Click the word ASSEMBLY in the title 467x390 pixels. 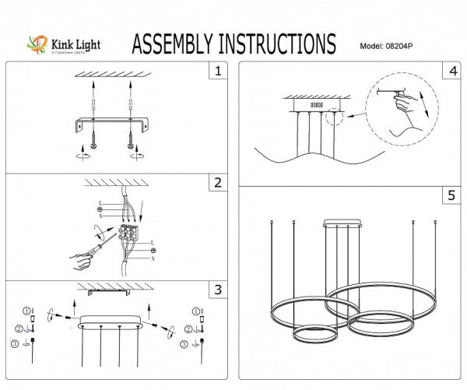pyautogui.click(x=176, y=44)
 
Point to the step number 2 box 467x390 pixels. pyautogui.click(x=219, y=184)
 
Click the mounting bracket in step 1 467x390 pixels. pyautogui.click(x=111, y=124)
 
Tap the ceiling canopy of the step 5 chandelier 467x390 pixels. pyautogui.click(x=343, y=224)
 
